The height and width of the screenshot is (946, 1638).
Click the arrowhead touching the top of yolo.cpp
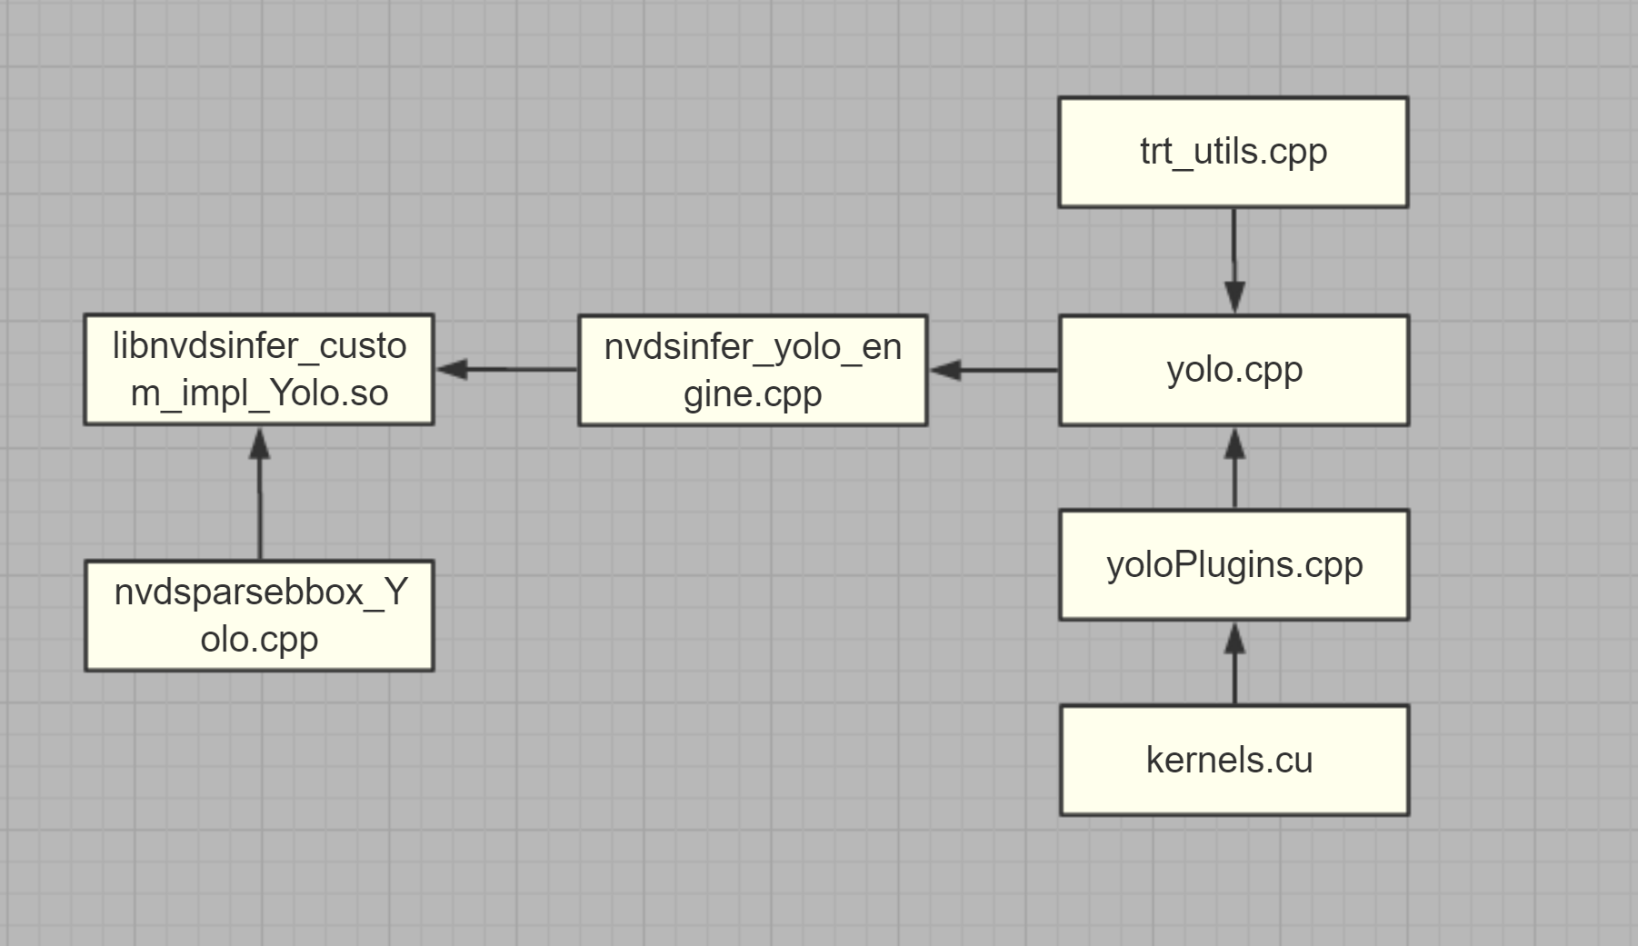(1234, 296)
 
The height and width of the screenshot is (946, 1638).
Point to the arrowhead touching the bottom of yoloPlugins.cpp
(1234, 639)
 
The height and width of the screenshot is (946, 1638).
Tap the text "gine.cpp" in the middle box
(753, 394)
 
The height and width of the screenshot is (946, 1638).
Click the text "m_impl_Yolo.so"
(259, 393)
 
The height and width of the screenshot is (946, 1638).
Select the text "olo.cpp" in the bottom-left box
(259, 639)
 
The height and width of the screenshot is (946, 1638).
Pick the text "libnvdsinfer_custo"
(259, 346)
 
